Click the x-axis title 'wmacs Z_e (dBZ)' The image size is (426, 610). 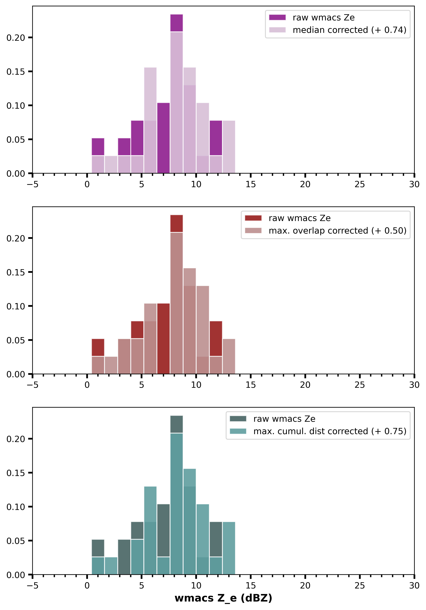tap(223, 598)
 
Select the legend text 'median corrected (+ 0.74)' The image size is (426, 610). tap(349, 30)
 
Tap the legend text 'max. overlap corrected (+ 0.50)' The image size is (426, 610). tap(337, 231)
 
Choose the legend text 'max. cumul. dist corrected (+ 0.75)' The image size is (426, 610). tap(330, 431)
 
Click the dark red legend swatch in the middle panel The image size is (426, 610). tap(253, 218)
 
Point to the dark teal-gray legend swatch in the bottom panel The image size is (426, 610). tap(238, 419)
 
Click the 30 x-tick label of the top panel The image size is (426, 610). tap(414, 184)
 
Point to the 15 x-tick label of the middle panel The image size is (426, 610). tap(250, 385)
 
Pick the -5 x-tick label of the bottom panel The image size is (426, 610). tap(32, 586)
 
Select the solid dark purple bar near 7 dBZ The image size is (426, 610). tap(163, 138)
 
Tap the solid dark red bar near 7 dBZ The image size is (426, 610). tap(163, 339)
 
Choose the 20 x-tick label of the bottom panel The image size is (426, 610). tap(305, 586)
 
